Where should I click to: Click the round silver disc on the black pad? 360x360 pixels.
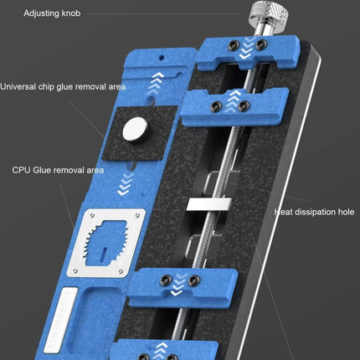point(133,129)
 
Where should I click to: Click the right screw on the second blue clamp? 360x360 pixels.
point(244,105)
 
